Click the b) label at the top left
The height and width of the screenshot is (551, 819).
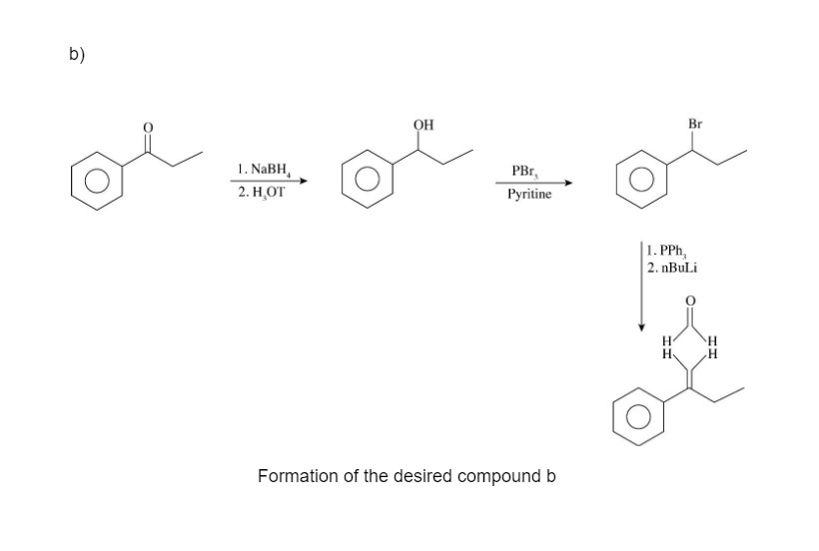pos(76,56)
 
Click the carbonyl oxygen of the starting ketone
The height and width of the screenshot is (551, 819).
pos(149,128)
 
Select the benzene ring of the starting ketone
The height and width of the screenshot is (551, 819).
pos(97,186)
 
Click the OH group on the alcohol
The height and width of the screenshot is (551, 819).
pos(422,125)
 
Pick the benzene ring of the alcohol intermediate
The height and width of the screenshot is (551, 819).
pos(368,186)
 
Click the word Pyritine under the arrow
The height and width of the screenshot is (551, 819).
pos(529,194)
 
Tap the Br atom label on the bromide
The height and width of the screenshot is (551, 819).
pos(696,124)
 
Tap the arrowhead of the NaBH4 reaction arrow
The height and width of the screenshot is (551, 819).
pos(301,181)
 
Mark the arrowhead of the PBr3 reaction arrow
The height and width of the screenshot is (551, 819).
pos(571,183)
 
